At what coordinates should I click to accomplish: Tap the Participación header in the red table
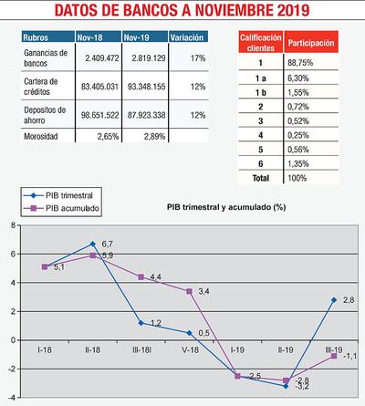[310, 43]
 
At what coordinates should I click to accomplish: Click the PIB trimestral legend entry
[65, 196]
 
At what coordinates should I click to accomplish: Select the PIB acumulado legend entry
[65, 208]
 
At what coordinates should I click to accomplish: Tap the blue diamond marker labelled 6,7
[92, 244]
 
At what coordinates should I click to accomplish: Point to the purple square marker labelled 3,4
[188, 291]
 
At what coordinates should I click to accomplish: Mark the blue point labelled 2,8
[334, 299]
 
